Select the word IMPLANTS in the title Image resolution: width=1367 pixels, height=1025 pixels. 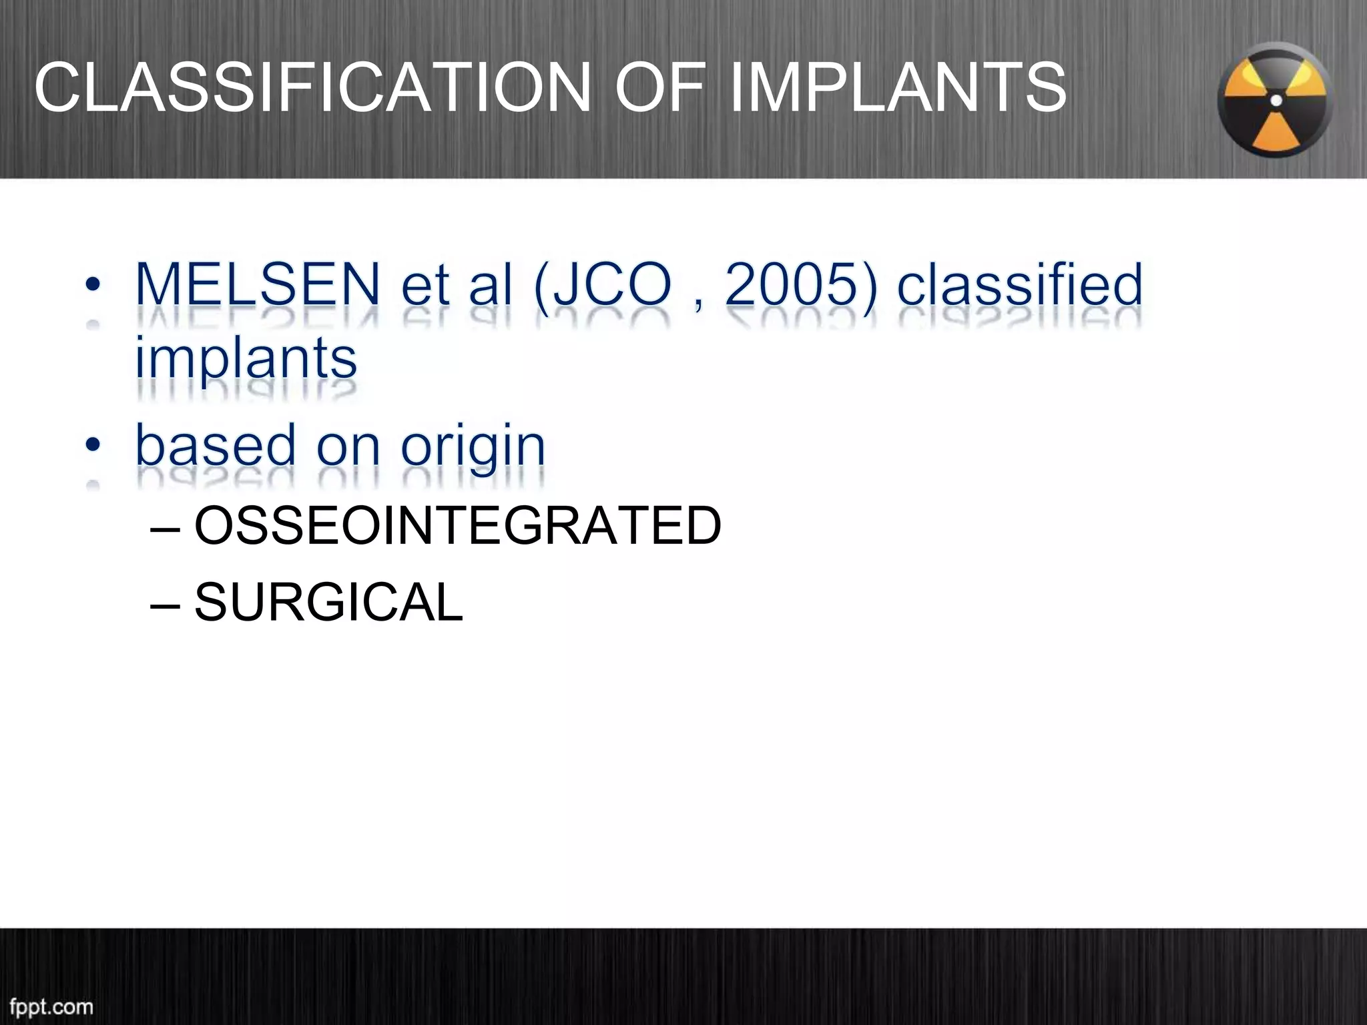[898, 87]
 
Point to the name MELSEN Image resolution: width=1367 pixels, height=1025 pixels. [258, 285]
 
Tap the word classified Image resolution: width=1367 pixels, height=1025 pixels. [1019, 285]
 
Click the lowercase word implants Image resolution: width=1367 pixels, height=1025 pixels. [246, 359]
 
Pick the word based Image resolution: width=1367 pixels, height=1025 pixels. [216, 446]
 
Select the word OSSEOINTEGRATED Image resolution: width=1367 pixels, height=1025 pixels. [457, 526]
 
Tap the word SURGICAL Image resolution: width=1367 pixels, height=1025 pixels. [328, 602]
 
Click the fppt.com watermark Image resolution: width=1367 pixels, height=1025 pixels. [51, 1006]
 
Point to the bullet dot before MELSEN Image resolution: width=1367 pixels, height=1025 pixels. [93, 285]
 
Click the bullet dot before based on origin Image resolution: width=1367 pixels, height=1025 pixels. [93, 444]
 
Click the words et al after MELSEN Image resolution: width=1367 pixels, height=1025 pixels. [457, 285]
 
